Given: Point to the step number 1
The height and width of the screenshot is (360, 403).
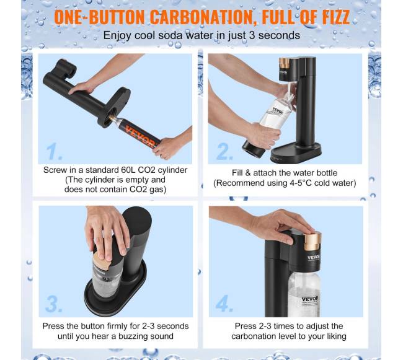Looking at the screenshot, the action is click(53, 151).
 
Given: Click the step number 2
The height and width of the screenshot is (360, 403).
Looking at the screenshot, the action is click(224, 152).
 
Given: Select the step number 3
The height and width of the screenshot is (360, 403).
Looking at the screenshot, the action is click(53, 304).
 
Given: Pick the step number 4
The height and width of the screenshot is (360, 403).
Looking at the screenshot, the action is click(224, 303).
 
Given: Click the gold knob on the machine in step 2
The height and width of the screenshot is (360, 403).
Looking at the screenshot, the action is click(284, 63).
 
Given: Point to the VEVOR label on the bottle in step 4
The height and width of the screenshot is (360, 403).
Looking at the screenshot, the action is click(310, 299).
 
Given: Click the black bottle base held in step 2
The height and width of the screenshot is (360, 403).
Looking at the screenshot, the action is click(253, 149).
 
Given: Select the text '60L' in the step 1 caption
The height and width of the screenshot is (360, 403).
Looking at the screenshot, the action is click(128, 170).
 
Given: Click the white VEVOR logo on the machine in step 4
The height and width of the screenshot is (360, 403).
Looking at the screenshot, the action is click(314, 257).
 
